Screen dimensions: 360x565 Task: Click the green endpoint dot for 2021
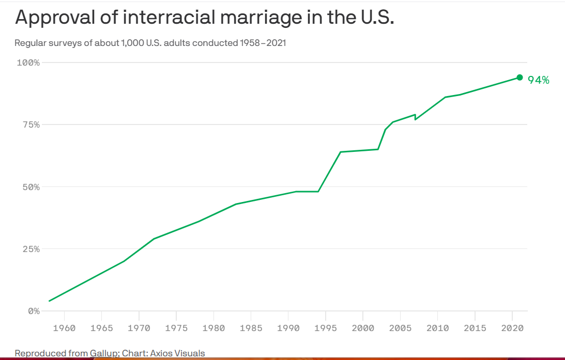[x=520, y=77]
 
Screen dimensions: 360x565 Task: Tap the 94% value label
[x=538, y=80]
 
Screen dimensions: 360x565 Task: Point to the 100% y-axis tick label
[x=28, y=62]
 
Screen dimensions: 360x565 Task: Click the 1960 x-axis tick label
[x=64, y=328]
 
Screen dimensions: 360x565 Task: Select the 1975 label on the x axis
[x=176, y=328]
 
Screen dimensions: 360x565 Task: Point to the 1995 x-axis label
[x=326, y=328]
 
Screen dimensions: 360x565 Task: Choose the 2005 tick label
[x=401, y=328]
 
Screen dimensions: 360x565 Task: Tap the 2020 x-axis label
[x=513, y=328]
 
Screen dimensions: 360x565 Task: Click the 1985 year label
[x=251, y=328]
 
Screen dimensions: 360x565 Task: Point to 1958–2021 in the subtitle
[x=263, y=43]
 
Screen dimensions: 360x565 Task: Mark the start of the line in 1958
[x=50, y=301]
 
